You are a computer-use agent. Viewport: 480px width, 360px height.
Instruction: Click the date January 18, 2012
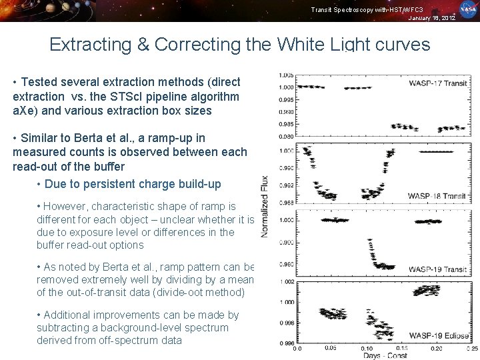click(432, 18)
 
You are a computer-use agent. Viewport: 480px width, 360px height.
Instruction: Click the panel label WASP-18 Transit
click(436, 196)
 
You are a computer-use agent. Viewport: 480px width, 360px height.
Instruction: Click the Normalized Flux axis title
click(265, 207)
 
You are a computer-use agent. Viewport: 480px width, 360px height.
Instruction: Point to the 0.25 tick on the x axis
click(471, 348)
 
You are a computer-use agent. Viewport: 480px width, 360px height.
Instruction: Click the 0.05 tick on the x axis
click(330, 348)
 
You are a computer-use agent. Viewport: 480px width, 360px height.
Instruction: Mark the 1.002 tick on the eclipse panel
click(286, 282)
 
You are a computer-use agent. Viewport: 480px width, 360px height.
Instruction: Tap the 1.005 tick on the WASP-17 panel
click(287, 75)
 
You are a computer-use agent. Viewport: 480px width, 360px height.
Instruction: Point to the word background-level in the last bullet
click(140, 327)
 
